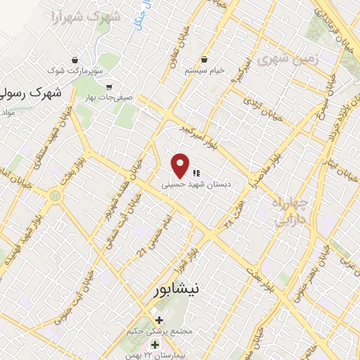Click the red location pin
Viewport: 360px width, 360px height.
click(x=181, y=165)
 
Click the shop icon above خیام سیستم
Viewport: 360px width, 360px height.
click(x=204, y=59)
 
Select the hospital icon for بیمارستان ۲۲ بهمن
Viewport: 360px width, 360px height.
click(x=155, y=345)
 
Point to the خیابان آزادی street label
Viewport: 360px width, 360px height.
click(x=262, y=108)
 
